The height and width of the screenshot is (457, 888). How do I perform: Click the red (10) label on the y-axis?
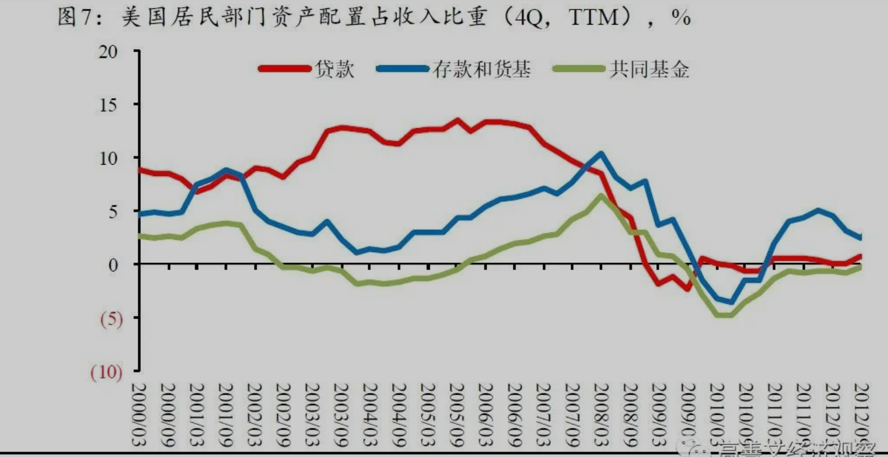coord(106,373)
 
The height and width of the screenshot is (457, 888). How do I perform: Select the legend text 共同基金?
coord(649,69)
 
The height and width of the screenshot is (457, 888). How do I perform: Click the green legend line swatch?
coord(577,68)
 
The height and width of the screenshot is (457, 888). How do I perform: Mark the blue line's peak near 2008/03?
coord(601,153)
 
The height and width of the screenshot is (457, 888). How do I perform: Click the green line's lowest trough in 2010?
coord(723,314)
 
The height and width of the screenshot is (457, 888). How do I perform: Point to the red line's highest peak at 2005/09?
coord(457,120)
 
